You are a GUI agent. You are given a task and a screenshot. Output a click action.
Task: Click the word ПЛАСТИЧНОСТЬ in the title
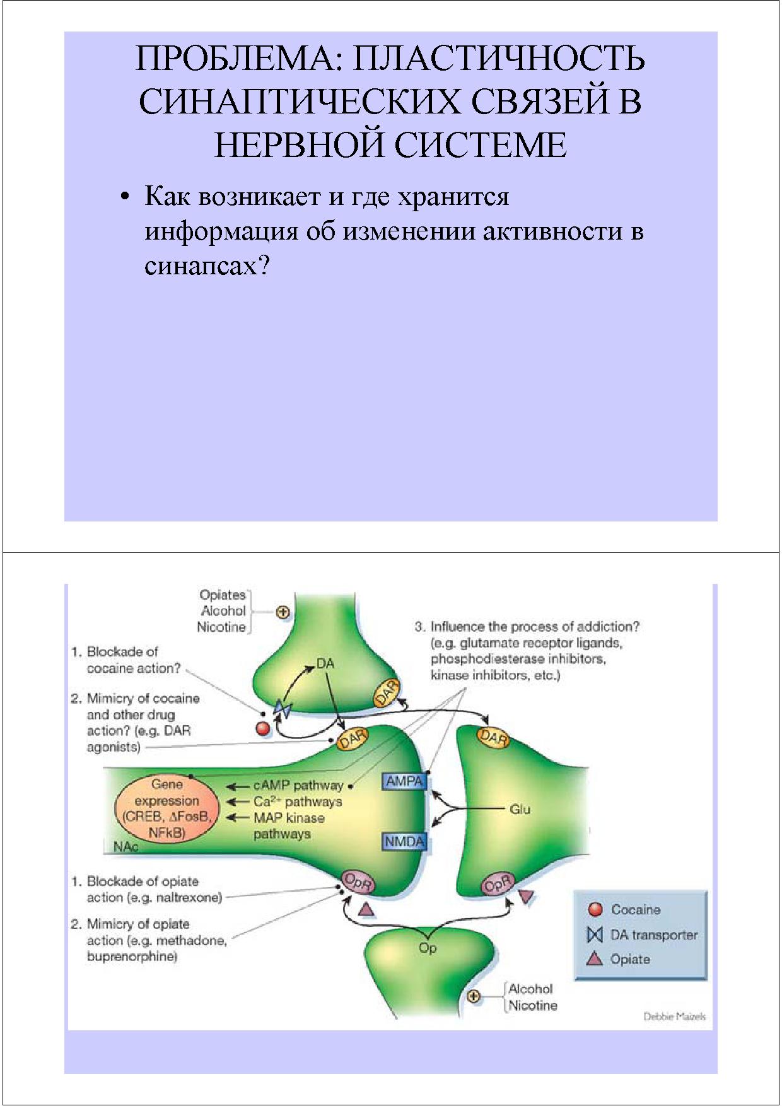point(499,59)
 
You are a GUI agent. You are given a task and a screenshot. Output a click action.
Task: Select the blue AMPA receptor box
point(404,781)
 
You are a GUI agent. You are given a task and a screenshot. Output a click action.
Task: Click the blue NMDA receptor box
point(404,841)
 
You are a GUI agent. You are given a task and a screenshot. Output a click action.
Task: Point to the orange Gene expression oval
point(166,809)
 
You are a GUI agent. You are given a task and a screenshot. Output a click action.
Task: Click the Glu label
point(520,809)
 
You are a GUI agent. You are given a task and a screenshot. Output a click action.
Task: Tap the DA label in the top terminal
point(325,663)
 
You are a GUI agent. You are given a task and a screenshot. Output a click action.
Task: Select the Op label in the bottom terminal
point(428,948)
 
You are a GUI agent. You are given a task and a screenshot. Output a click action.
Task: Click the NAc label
point(125,846)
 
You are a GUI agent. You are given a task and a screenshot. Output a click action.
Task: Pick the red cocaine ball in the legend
point(595,909)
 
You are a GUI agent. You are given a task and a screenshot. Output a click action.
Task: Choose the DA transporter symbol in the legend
point(595,934)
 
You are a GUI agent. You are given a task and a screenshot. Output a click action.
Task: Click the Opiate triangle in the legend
point(595,959)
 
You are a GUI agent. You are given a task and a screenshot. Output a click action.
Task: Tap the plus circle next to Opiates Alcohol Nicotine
point(283,611)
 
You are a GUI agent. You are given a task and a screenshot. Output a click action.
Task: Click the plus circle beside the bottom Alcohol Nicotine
point(474,996)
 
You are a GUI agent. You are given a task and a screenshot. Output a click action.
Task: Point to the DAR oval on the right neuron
point(493,737)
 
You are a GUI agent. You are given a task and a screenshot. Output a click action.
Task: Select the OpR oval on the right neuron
point(498,885)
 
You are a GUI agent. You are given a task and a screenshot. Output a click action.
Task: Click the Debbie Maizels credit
point(674,1016)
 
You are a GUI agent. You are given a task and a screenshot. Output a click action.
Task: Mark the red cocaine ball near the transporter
point(262,729)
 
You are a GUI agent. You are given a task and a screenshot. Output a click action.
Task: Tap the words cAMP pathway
point(298,786)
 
